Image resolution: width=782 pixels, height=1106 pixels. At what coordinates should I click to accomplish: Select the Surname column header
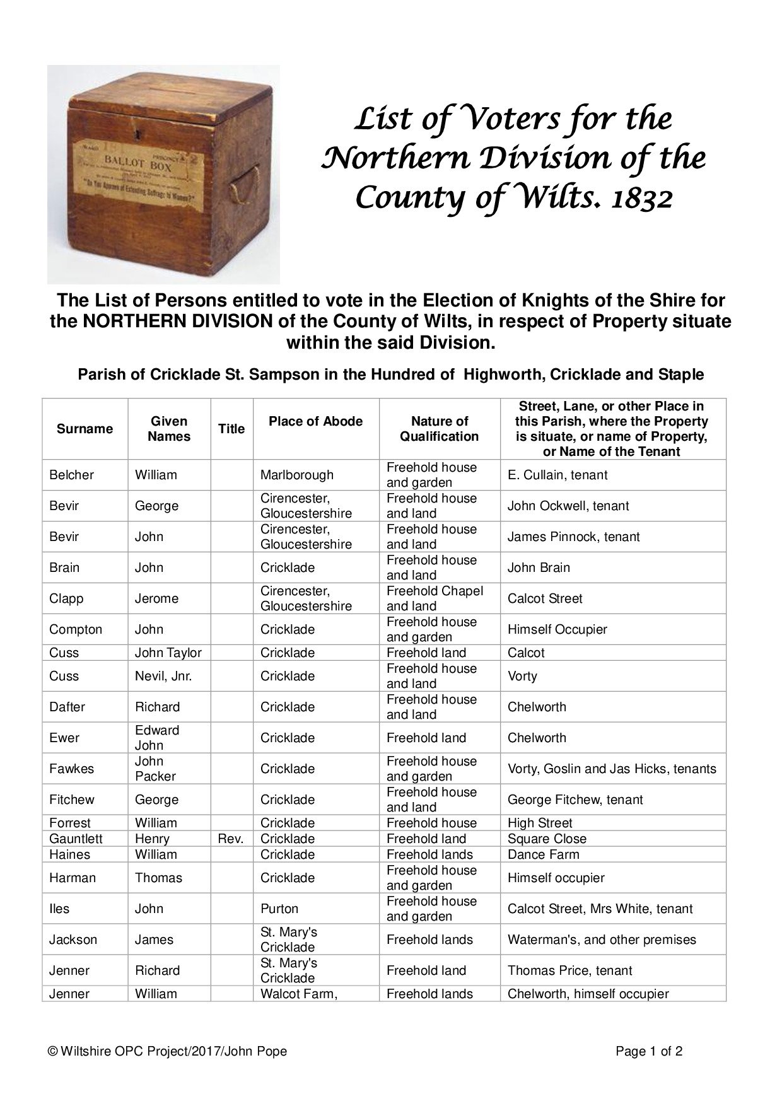85,429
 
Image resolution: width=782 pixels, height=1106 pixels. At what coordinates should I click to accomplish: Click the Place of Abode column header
315,421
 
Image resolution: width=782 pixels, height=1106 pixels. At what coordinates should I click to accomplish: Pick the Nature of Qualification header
440,429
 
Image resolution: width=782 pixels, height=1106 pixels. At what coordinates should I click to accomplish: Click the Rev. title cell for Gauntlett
231,839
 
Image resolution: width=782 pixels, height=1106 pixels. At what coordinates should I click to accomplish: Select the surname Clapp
66,598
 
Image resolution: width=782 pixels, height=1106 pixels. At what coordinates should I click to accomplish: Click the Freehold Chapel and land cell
435,598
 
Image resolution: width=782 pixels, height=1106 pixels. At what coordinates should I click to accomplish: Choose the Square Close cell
547,839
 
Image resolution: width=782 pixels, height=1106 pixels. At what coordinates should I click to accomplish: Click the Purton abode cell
279,909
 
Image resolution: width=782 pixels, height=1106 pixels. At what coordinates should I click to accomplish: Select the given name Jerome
156,598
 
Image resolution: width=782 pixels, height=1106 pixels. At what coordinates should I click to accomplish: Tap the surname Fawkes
71,769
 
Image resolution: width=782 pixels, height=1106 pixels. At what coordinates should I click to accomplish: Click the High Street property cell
540,823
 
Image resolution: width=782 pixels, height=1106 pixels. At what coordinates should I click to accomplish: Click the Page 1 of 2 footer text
649,1051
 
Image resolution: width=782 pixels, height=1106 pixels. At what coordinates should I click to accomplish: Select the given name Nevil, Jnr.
163,676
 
